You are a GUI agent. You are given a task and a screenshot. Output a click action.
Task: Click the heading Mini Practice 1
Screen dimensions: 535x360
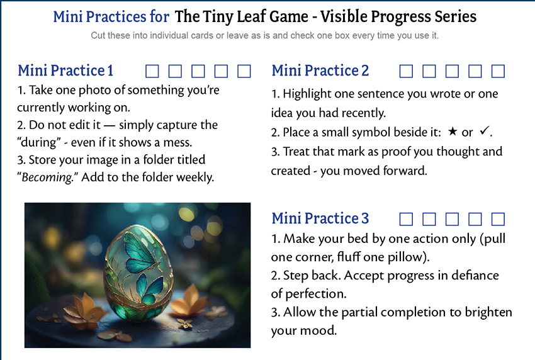click(65, 70)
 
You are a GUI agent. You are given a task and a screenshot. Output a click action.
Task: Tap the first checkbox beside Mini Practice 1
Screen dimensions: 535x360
click(152, 71)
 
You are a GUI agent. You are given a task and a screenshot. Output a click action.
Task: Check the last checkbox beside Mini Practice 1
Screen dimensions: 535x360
click(244, 71)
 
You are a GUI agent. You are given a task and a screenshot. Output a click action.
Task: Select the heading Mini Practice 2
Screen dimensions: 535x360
click(320, 70)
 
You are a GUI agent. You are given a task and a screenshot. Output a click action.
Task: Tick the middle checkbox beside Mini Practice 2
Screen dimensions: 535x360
click(452, 71)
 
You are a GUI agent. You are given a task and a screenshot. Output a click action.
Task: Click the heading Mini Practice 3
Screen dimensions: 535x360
click(320, 218)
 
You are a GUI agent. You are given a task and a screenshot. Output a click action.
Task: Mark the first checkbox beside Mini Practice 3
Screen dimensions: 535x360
click(406, 219)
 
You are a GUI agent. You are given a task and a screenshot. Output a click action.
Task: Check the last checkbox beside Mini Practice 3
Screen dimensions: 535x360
click(498, 219)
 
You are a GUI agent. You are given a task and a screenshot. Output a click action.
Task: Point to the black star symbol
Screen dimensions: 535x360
click(453, 132)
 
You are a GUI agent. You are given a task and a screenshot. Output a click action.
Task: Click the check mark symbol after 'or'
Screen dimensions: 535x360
click(484, 131)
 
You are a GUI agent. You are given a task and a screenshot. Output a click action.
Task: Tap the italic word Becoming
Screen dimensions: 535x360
click(47, 177)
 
